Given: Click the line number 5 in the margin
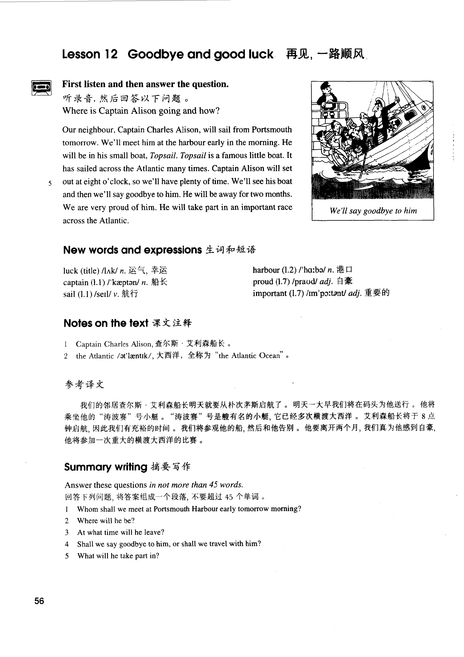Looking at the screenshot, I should [50, 183].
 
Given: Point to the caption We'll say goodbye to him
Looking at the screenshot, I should [373, 211].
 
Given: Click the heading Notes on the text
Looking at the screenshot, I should [106, 323].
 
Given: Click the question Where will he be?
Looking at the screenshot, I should [106, 520].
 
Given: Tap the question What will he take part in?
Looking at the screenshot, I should [118, 556].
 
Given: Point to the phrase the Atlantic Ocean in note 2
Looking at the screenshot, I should [249, 356].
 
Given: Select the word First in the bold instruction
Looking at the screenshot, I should [71, 84].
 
